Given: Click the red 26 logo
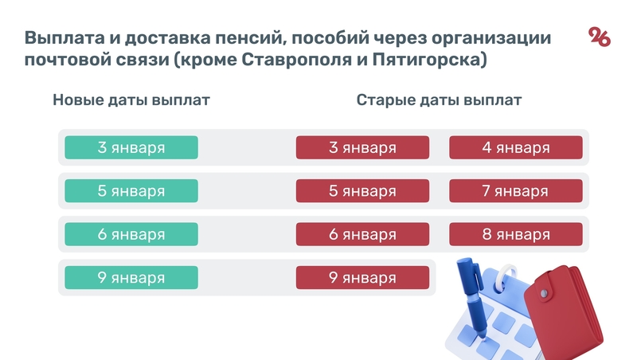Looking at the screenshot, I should (x=599, y=37).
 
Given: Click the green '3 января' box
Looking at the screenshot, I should (x=131, y=147).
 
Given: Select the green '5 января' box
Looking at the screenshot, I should (x=131, y=191).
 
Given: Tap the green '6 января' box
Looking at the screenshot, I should (x=131, y=234).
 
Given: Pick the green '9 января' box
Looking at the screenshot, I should (x=131, y=277).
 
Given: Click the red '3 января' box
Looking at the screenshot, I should (x=362, y=147).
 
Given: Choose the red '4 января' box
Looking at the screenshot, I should (x=515, y=147).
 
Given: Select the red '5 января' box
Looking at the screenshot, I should (x=362, y=191).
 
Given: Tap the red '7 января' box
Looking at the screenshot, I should (x=515, y=191).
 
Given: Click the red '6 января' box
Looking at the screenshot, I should (x=362, y=234).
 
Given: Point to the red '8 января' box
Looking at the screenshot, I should (x=515, y=234).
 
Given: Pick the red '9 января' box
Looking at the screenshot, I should (x=362, y=277).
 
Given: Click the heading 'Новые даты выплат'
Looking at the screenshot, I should (x=131, y=101).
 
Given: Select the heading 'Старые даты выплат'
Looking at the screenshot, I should (x=439, y=101).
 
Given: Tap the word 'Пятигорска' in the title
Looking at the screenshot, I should (x=432, y=61).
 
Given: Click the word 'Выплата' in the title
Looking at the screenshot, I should (x=61, y=38).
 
